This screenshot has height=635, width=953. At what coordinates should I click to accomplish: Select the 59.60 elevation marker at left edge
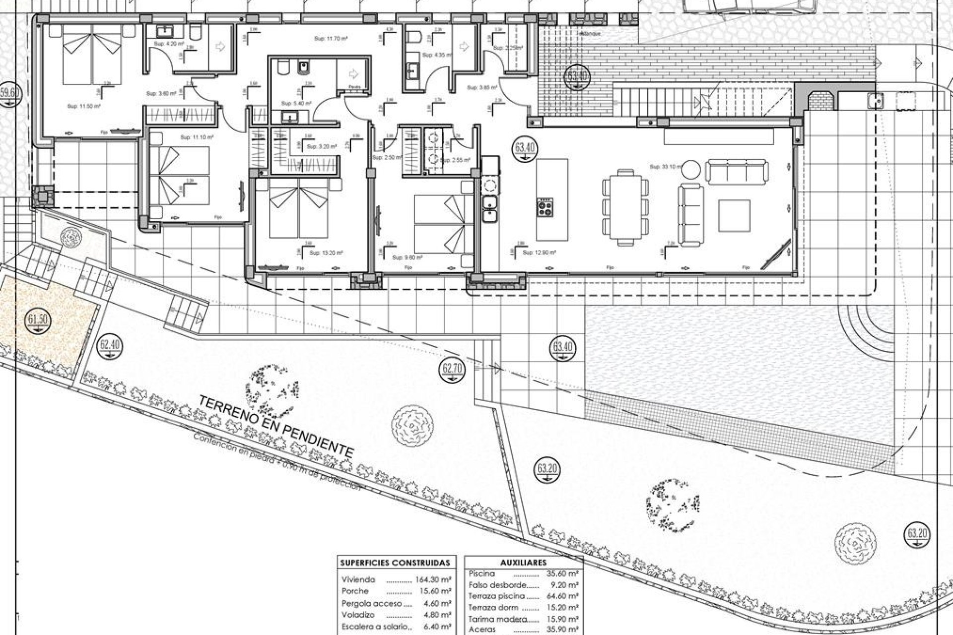click(x=9, y=93)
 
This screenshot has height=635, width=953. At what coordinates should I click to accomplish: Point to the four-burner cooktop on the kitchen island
click(x=545, y=207)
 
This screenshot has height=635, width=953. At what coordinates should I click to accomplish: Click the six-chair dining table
click(x=625, y=207)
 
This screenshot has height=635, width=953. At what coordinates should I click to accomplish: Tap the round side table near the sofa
click(x=690, y=170)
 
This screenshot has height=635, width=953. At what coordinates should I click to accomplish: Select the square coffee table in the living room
click(x=735, y=215)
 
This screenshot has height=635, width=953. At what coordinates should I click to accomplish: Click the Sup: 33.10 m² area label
click(x=665, y=167)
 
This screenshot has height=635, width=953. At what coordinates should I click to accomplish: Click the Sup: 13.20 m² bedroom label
click(x=326, y=253)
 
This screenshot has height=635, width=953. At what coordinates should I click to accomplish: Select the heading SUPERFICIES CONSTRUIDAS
click(x=396, y=563)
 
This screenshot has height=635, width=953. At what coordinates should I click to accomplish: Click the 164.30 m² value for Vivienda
click(x=432, y=579)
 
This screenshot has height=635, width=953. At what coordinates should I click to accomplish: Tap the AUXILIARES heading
click(x=523, y=563)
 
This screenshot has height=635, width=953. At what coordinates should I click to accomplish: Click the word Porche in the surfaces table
click(x=355, y=591)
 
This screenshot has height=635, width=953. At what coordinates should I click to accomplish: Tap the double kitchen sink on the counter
click(x=489, y=208)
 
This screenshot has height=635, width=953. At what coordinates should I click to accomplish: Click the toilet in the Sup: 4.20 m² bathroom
click(x=196, y=32)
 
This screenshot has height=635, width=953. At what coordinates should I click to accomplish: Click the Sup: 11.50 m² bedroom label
click(x=83, y=106)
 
